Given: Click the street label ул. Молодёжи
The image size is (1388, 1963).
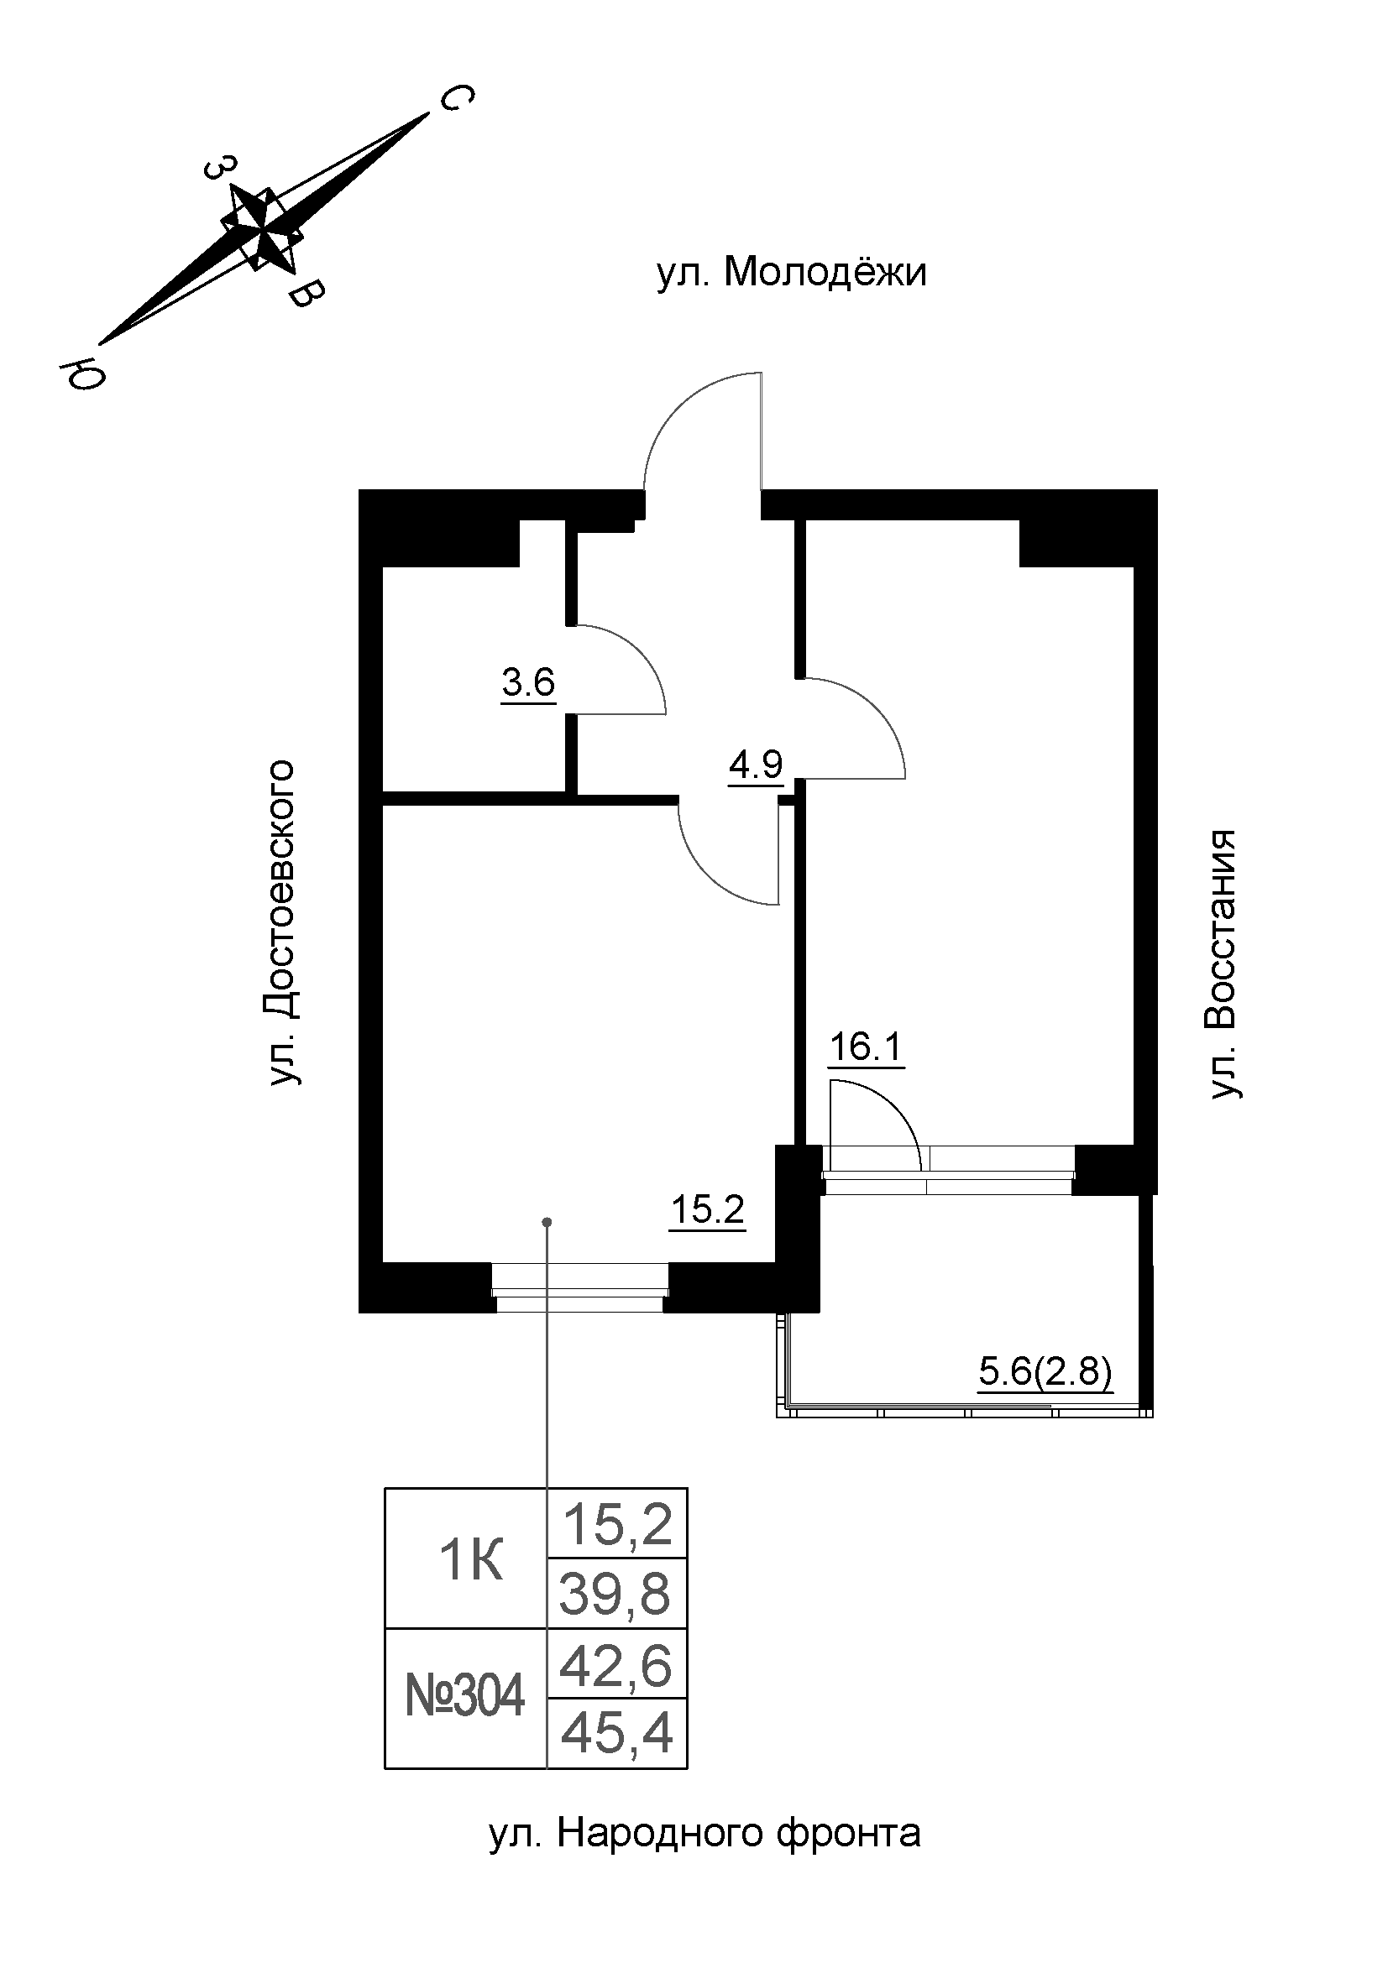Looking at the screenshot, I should [791, 274].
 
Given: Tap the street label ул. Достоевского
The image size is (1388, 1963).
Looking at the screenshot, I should [283, 922].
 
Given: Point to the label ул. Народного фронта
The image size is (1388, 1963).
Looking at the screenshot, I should [704, 1833].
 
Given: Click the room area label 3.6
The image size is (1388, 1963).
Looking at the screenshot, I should [528, 684].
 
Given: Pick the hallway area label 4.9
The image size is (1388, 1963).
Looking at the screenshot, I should [755, 764].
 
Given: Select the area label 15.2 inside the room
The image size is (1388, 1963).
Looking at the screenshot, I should [707, 1210].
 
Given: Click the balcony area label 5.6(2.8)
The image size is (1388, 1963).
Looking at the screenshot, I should [1045, 1372].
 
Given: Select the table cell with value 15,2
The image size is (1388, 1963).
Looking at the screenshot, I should [617, 1525].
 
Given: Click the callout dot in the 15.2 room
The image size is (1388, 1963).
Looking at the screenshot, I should [547, 1222].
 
